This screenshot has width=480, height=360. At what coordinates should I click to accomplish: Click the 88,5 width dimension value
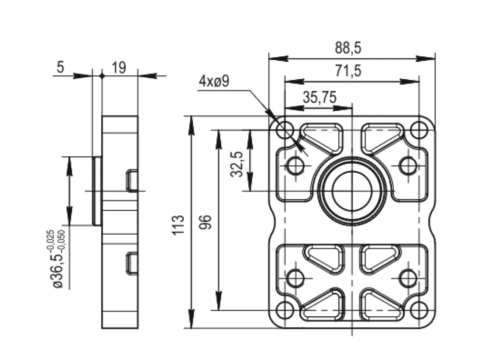click(348, 48)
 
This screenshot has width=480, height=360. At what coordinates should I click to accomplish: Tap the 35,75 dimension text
click(320, 97)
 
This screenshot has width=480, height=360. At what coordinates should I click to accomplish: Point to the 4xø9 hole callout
click(214, 82)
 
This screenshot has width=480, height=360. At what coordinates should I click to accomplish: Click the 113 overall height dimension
click(178, 225)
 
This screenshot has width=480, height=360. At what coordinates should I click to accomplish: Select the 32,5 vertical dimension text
click(237, 164)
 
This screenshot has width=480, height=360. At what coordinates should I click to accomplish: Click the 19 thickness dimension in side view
click(119, 67)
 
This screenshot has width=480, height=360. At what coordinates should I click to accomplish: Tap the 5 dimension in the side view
click(60, 67)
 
